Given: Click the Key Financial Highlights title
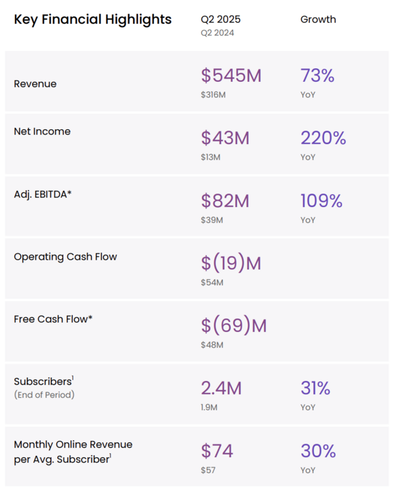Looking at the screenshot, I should (x=92, y=19).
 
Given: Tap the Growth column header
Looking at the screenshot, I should (x=318, y=19).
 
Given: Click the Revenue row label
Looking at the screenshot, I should (x=35, y=84).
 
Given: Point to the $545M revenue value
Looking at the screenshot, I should (x=231, y=76).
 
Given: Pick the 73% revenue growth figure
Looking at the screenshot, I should (x=317, y=76).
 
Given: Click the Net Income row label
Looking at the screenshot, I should (x=42, y=131).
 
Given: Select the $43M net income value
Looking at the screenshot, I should (x=225, y=138).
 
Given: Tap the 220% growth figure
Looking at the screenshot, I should (x=323, y=138).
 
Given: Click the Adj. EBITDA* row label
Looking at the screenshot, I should (x=43, y=194).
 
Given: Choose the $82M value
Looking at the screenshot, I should (x=225, y=201).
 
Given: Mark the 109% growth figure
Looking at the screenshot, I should (x=321, y=201).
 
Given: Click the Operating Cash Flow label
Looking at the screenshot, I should (x=66, y=256).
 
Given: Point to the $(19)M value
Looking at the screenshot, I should (x=231, y=263).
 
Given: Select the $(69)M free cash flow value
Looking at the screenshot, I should (x=234, y=325).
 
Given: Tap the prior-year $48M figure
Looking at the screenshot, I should (x=212, y=345).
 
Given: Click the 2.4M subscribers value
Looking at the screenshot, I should (x=221, y=388).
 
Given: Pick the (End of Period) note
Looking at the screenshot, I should (x=44, y=394).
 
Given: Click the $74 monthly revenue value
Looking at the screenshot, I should (x=217, y=451).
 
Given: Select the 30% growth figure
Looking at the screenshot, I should (x=318, y=451).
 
